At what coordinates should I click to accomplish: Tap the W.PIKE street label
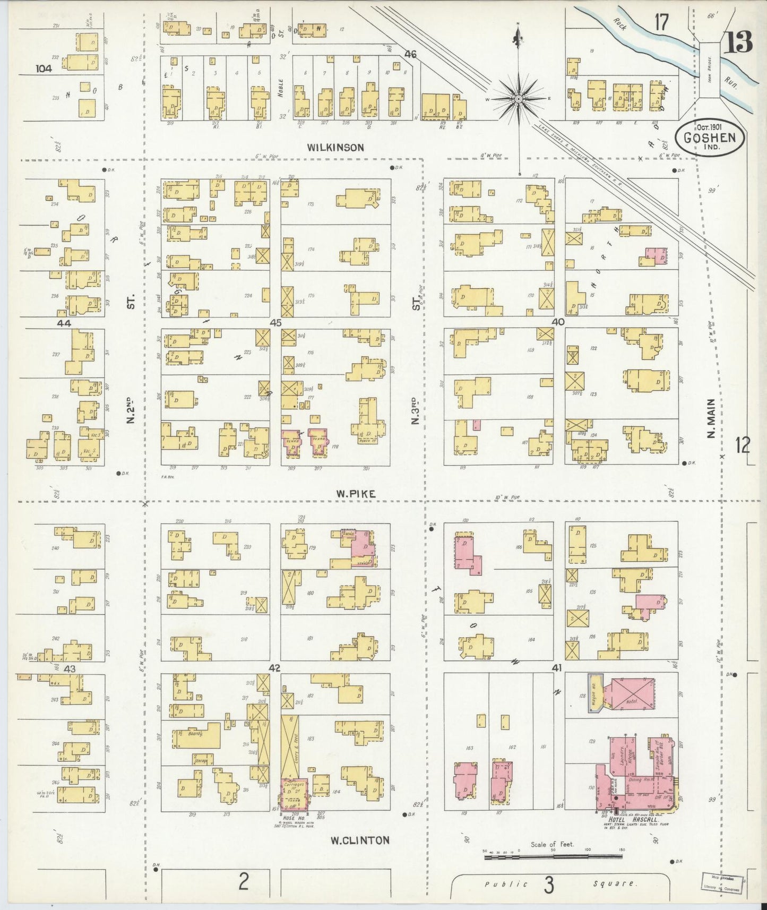tap(355, 494)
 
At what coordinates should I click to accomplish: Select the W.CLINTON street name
tap(359, 840)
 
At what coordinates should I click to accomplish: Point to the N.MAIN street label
tap(711, 419)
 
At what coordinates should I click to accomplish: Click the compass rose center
tap(518, 99)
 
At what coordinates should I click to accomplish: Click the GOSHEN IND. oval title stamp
tap(709, 138)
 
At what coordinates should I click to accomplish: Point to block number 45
tap(275, 322)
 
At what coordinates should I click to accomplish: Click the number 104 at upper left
tap(44, 68)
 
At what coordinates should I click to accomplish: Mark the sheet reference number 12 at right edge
tap(743, 445)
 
